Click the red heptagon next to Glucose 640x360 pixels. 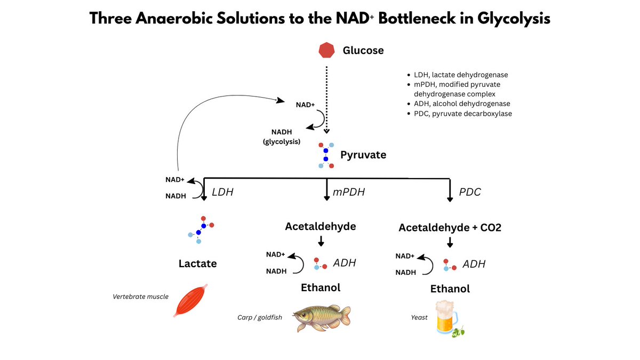pyautogui.click(x=326, y=51)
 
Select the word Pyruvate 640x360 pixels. pyautogui.click(x=363, y=155)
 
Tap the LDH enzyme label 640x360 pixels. pyautogui.click(x=223, y=191)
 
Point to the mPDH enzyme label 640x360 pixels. pyautogui.click(x=349, y=191)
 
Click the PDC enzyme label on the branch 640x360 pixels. pyautogui.click(x=470, y=191)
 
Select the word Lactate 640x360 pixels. pyautogui.click(x=198, y=263)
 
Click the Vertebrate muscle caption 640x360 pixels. pyautogui.click(x=140, y=296)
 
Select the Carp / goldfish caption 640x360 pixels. pyautogui.click(x=259, y=317)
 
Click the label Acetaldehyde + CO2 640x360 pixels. pyautogui.click(x=450, y=227)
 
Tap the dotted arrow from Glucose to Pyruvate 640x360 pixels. pyautogui.click(x=326, y=99)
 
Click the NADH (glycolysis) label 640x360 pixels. pyautogui.click(x=282, y=137)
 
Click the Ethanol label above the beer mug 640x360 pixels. pyautogui.click(x=450, y=289)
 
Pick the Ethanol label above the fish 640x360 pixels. pyautogui.click(x=321, y=287)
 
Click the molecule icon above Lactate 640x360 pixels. pyautogui.click(x=200, y=229)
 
